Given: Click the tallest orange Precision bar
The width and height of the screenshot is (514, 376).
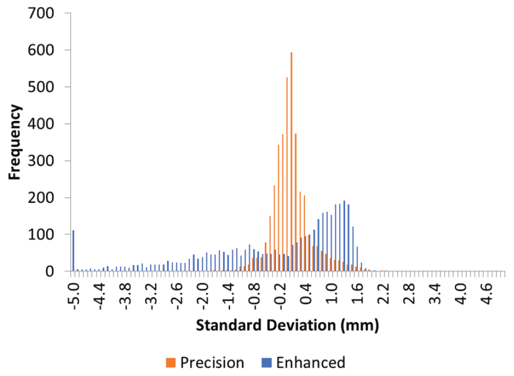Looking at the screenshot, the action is pyautogui.click(x=291, y=162).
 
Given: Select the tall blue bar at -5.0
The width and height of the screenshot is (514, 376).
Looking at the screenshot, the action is pyautogui.click(x=73, y=251).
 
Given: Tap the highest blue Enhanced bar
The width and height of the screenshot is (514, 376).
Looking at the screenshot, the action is pyautogui.click(x=344, y=236).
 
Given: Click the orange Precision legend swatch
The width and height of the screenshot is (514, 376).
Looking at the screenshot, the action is pyautogui.click(x=170, y=362).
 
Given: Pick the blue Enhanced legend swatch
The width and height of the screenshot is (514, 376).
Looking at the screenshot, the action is pyautogui.click(x=267, y=362).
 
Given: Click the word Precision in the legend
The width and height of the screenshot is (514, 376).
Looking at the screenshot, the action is pyautogui.click(x=212, y=362).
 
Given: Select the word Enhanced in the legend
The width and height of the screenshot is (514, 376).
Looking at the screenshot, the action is pyautogui.click(x=310, y=362).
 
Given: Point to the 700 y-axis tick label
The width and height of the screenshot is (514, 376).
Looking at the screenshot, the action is pyautogui.click(x=41, y=14).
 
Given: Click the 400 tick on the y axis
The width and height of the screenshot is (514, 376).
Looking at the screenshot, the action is pyautogui.click(x=41, y=124).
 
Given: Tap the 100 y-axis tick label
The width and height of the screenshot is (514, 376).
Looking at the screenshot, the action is pyautogui.click(x=41, y=235).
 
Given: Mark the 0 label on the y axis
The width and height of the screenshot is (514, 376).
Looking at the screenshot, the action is pyautogui.click(x=49, y=271).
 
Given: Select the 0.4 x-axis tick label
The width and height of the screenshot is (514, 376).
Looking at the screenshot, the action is pyautogui.click(x=306, y=294).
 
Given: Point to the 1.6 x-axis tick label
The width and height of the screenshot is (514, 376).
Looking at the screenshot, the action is pyautogui.click(x=357, y=294).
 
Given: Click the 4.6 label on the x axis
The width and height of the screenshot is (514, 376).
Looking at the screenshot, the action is pyautogui.click(x=486, y=294).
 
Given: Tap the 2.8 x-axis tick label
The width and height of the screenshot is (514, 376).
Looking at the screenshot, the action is pyautogui.click(x=409, y=294).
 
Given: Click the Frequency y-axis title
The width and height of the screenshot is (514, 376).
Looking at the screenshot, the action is pyautogui.click(x=15, y=142).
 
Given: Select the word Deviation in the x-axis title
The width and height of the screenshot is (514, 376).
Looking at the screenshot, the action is pyautogui.click(x=301, y=325).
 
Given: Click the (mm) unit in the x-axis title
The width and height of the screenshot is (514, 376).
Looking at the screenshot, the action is pyautogui.click(x=359, y=326).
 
